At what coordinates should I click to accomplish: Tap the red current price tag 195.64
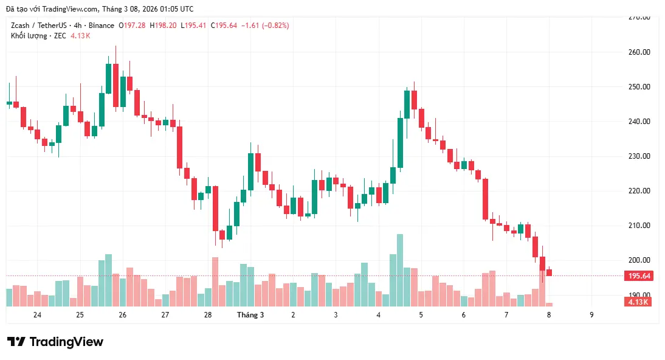coord(639,276)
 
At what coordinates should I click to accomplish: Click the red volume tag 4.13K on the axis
coord(639,302)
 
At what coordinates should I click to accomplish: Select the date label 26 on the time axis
coord(123,315)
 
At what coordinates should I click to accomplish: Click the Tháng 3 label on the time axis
coord(250,315)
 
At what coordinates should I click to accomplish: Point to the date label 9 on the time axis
coord(591,315)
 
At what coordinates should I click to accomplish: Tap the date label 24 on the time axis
coord(38,315)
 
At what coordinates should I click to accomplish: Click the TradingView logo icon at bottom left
coord(16,342)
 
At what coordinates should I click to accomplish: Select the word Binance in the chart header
coord(101,26)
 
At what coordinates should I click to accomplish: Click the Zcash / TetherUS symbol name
coord(39,26)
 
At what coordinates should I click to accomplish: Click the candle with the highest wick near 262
coord(115,85)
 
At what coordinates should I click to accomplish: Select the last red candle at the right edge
coord(549,272)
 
